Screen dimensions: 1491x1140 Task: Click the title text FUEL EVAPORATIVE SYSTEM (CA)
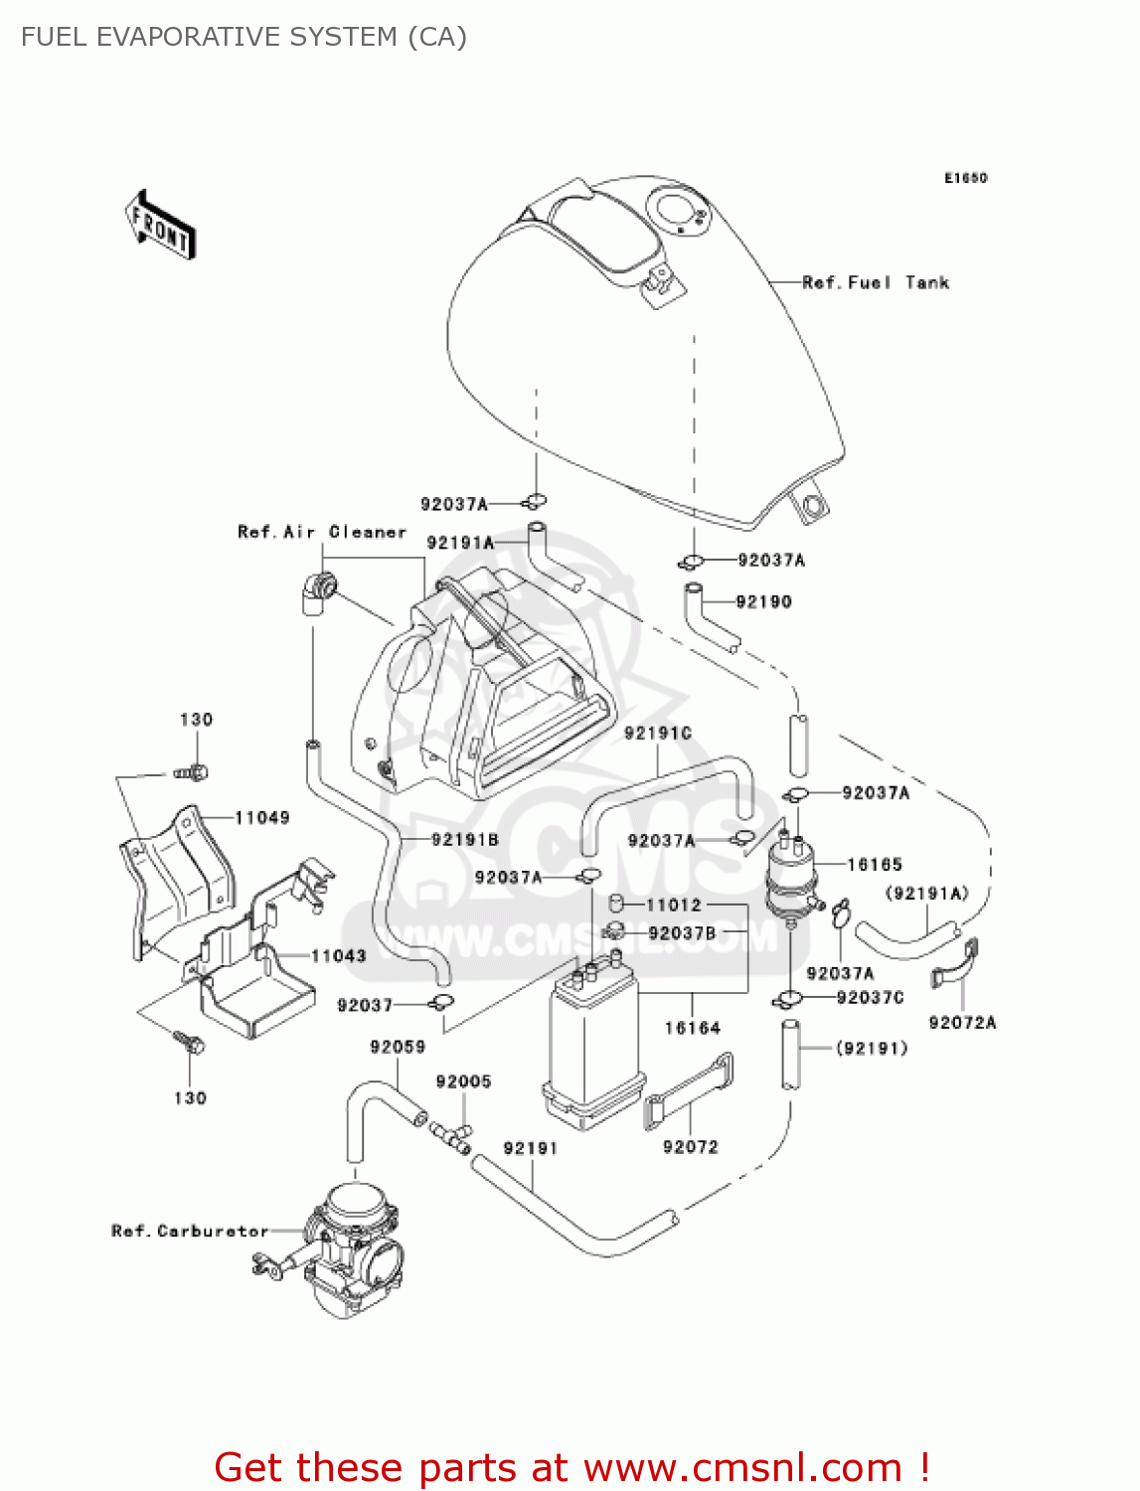coord(244,37)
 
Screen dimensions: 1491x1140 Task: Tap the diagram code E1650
coord(965,178)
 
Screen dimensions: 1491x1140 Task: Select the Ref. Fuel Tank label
coord(876,282)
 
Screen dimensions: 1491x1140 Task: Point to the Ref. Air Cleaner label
coord(322,532)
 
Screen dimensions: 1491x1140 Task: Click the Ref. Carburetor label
coord(190,1231)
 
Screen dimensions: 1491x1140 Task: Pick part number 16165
coord(874,864)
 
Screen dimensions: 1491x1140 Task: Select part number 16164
coord(692,1028)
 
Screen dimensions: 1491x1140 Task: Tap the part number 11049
coord(261,817)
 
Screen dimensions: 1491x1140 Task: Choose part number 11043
coord(338,955)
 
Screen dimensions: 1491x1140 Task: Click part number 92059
coord(398,1047)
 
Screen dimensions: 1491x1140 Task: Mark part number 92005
coord(463,1081)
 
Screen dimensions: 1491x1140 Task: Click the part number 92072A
coord(961,1022)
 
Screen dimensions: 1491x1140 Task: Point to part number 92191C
coord(657,733)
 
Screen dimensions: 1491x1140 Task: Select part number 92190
coord(763,601)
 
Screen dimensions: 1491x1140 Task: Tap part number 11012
coord(673,905)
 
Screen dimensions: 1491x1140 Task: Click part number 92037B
coord(681,932)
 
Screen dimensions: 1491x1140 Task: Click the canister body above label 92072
coord(592,1054)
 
